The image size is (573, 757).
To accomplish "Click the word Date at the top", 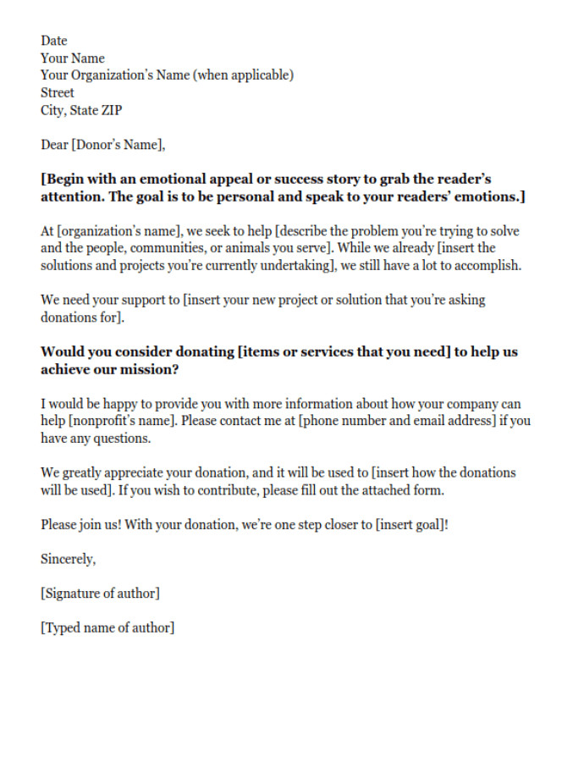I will (x=53, y=41).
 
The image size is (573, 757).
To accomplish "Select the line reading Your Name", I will (x=73, y=58).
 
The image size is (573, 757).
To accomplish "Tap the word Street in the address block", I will (x=58, y=93).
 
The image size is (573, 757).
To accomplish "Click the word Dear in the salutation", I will (x=53, y=145).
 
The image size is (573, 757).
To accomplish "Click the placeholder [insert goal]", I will (x=410, y=525).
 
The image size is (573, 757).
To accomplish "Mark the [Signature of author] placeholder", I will (x=100, y=594).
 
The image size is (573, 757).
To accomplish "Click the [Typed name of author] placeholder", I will (x=107, y=628).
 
